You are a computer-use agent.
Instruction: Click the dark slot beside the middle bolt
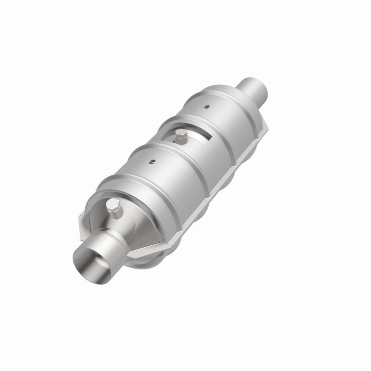(x=205, y=136)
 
